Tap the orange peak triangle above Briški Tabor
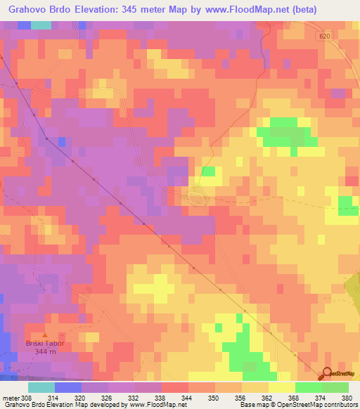(46, 335)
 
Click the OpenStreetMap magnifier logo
(328, 373)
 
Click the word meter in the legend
(11, 397)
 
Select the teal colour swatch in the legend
(41, 387)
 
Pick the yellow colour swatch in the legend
(281, 387)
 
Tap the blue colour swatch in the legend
(68, 387)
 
